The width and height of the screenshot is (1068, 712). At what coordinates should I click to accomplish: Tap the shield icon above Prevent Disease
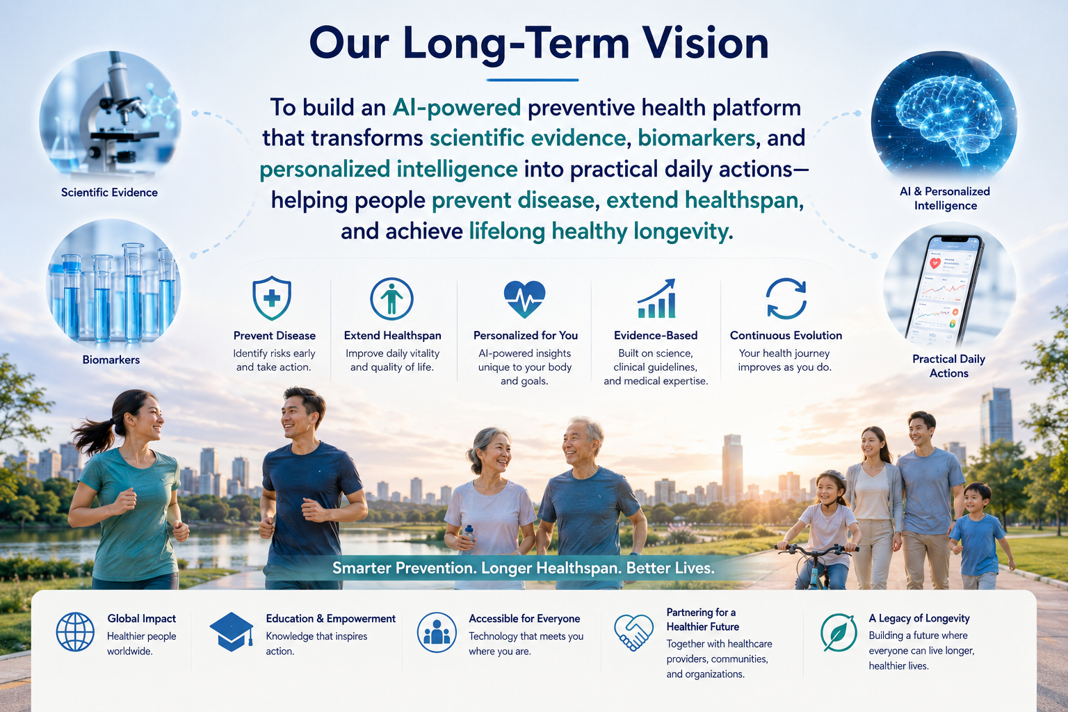pos(272,298)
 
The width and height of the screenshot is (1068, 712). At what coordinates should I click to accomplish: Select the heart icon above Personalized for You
pos(524,299)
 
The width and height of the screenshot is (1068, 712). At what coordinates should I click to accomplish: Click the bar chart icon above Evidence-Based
pos(656,298)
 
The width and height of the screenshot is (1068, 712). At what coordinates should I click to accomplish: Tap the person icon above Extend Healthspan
pos(391,299)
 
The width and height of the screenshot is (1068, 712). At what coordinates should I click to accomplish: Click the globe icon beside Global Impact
pos(75,632)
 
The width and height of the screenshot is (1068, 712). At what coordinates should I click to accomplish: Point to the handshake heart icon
pos(633,632)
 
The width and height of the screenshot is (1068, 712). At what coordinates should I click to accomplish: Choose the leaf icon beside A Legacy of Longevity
pos(838,633)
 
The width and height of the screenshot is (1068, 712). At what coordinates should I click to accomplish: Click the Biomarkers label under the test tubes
pos(111,360)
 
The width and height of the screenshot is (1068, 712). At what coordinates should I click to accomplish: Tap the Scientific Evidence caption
pos(109,193)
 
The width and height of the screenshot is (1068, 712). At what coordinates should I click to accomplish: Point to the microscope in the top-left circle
pos(117,110)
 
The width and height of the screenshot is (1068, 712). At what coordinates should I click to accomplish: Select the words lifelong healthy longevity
pos(601,232)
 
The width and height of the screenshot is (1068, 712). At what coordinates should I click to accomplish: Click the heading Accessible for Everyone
pos(524,619)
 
